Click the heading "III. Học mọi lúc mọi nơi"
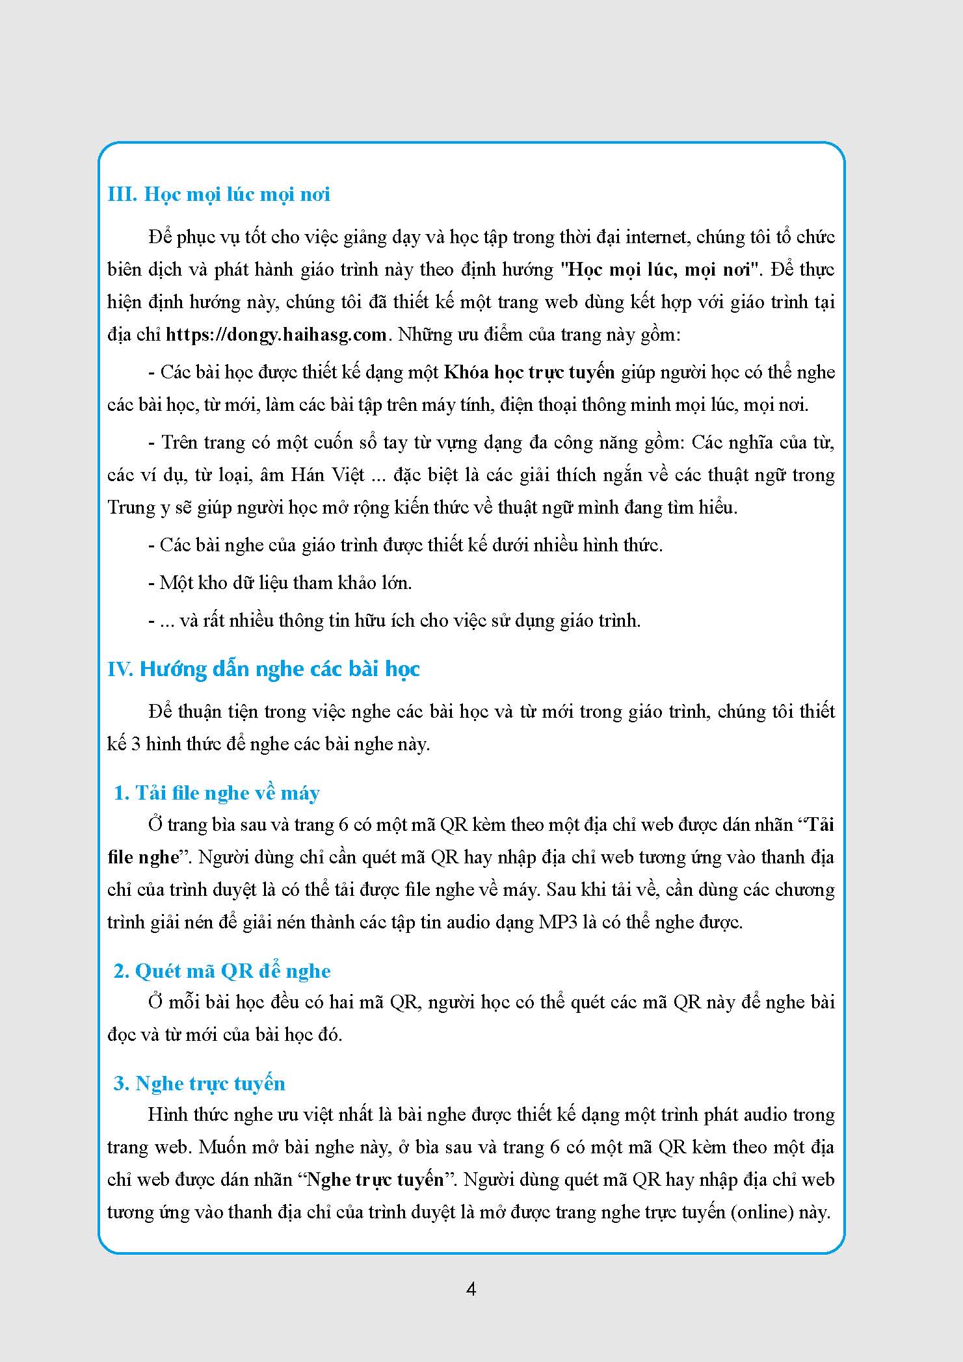(218, 194)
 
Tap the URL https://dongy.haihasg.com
(276, 335)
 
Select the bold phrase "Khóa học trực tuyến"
(529, 373)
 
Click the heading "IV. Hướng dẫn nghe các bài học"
(263, 669)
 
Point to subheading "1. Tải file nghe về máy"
(217, 793)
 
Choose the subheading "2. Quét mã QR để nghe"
(222, 971)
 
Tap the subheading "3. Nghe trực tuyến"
(199, 1083)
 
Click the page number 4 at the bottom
(471, 1289)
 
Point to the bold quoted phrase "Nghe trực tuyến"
(375, 1180)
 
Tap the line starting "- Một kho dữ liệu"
(280, 583)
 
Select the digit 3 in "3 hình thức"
(136, 744)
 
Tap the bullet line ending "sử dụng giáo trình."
(394, 621)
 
